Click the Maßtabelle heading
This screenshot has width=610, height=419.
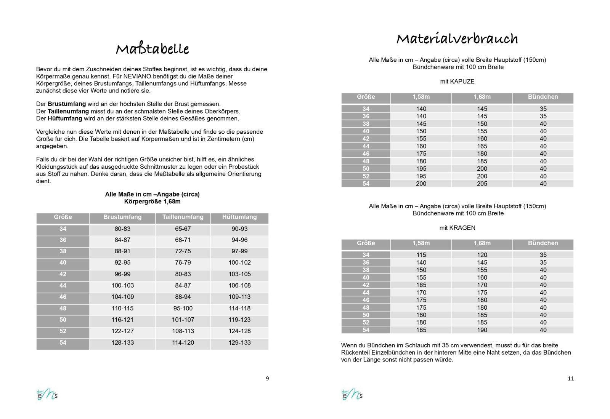pos(152,49)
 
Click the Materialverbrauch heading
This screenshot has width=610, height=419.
pos(457,38)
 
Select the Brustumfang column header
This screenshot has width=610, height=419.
pos(122,217)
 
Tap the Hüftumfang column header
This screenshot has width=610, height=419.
pos(239,217)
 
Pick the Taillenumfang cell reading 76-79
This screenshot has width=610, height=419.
pos(183,263)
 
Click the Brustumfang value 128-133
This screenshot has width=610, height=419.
pos(122,343)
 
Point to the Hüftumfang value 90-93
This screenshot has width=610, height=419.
pos(239,229)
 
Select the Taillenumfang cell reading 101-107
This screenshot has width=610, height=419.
pos(183,320)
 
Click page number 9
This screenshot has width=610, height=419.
pos(267,378)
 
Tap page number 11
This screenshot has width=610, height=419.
pos(571,378)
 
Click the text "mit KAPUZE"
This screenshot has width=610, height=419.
pos(457,82)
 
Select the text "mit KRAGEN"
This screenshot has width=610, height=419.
pos(457,228)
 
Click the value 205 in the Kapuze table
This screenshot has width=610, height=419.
pos(482,184)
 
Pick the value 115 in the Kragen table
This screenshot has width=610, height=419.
pos(421,255)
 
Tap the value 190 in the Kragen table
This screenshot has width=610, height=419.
pos(482,330)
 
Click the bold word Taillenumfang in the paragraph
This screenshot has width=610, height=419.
pos(68,111)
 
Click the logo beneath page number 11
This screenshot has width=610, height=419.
pos(352,395)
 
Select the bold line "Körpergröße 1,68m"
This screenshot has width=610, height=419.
pos(152,202)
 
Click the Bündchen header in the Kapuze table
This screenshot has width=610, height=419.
pos(543,97)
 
